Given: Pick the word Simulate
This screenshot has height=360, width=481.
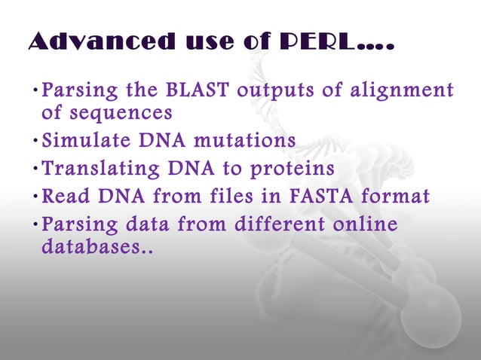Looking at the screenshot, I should [x=81, y=141].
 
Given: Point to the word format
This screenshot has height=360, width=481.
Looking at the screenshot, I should [x=402, y=197].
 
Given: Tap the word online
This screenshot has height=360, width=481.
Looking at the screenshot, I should [x=360, y=224].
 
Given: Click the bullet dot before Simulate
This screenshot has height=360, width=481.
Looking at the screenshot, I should [x=35, y=142].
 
